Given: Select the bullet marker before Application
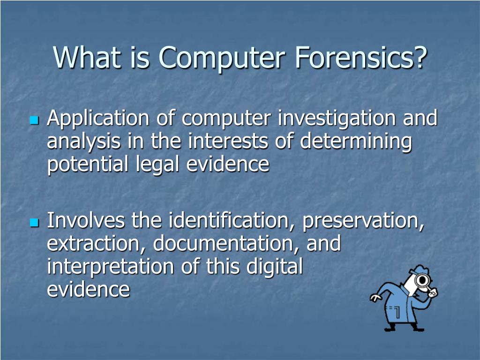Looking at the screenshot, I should pyautogui.click(x=33, y=120).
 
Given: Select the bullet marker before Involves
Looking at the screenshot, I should pyautogui.click(x=33, y=222).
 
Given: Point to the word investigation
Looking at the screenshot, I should pyautogui.click(x=337, y=119).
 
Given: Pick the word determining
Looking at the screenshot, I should pyautogui.click(x=356, y=142).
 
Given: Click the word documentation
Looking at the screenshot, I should pyautogui.click(x=226, y=244).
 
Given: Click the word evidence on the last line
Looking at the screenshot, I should pyautogui.click(x=88, y=289).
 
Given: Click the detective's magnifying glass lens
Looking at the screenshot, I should pyautogui.click(x=424, y=281).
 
